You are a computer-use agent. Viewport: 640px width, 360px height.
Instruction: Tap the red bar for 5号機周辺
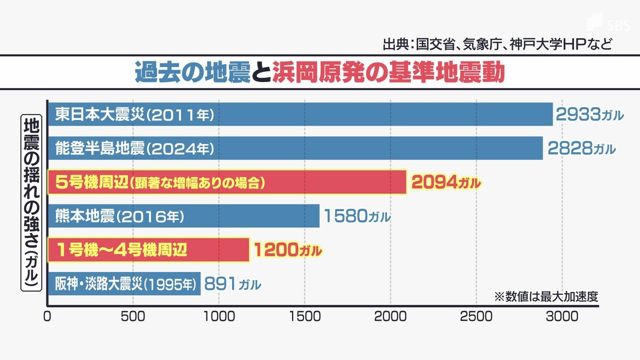click(x=227, y=182)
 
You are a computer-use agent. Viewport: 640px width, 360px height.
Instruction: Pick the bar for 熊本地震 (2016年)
click(x=183, y=216)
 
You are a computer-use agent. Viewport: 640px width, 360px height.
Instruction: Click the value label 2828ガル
click(x=580, y=148)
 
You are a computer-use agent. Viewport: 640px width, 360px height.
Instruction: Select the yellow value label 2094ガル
click(x=446, y=183)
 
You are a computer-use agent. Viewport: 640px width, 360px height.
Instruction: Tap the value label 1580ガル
click(x=356, y=217)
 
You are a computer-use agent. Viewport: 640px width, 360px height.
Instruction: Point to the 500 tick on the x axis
click(x=133, y=316)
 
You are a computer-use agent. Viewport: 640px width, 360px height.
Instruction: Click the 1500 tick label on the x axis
click(x=305, y=316)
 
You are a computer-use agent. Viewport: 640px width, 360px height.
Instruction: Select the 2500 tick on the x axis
click(x=476, y=316)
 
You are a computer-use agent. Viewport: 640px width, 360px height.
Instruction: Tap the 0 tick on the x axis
click(x=47, y=316)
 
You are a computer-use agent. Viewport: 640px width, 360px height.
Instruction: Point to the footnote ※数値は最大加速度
click(x=545, y=297)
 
